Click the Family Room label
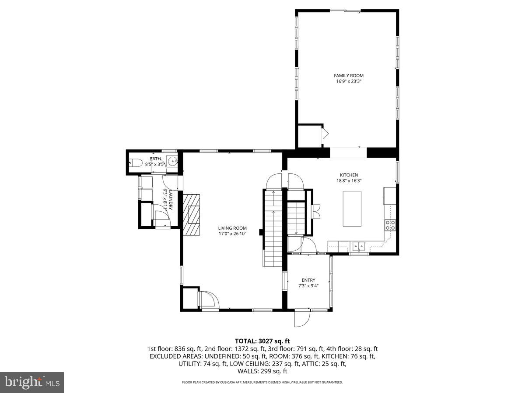point(349,76)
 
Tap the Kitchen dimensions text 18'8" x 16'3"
point(349,180)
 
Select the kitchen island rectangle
point(352,208)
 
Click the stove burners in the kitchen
point(390,225)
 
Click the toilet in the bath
point(136,163)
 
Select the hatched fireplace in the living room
point(192,214)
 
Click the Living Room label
point(232,228)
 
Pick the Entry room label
point(308,280)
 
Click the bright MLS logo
point(31,382)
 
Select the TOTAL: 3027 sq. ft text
point(262,341)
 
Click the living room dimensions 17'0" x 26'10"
point(232,234)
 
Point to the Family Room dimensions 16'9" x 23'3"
point(349,81)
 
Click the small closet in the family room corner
point(309,136)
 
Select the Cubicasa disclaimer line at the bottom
point(262,382)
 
